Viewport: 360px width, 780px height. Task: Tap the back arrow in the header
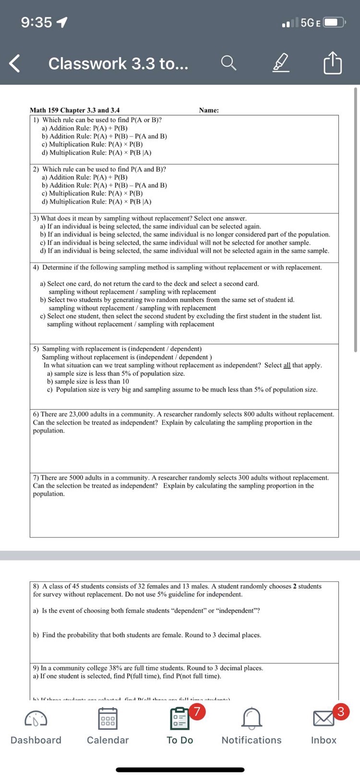pos(15,64)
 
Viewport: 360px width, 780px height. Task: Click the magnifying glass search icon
pos(228,63)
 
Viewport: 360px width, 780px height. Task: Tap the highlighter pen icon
pos(281,64)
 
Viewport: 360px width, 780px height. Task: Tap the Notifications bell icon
pos(252,719)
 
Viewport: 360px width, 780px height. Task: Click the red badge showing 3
pos(340,711)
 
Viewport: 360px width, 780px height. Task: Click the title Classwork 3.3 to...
pos(118,64)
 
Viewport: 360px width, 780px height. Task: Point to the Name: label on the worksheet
pos(209,110)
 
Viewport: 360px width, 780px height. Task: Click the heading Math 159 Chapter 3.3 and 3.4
pos(75,110)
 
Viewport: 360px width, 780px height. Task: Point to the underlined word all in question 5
pos(287,366)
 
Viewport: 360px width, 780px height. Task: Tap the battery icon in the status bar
pos(334,23)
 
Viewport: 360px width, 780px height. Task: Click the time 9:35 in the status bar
pos(36,23)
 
